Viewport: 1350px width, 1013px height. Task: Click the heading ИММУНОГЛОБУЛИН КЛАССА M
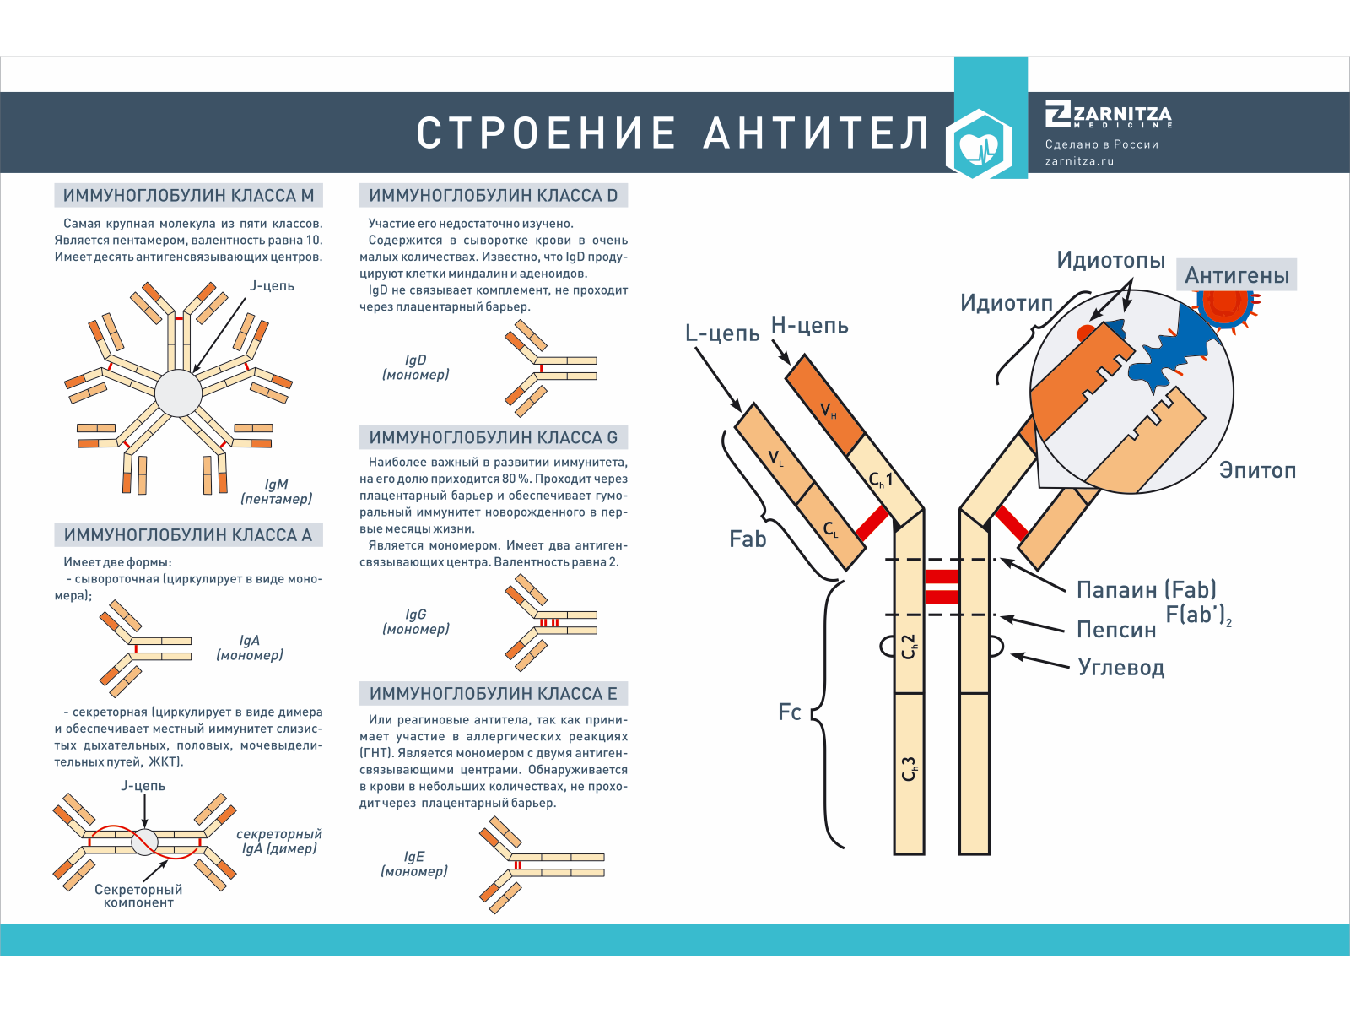pos(188,196)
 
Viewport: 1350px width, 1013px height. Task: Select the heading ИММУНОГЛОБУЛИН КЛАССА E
pos(494,694)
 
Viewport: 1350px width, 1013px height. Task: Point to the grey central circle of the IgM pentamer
pos(178,393)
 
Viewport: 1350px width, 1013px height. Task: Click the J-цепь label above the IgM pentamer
pos(272,286)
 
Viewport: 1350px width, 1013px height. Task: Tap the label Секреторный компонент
pos(138,896)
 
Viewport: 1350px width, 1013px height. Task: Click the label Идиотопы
pos(1110,260)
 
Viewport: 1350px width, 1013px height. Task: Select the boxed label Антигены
pos(1236,275)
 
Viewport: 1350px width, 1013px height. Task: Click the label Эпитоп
pos(1256,470)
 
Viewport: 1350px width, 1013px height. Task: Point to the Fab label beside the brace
pos(748,539)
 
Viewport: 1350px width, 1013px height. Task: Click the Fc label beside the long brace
pos(789,712)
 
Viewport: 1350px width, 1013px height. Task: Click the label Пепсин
pos(1115,630)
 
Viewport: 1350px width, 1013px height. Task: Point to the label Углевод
pos(1120,667)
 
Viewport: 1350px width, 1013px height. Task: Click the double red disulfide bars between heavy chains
pos(942,587)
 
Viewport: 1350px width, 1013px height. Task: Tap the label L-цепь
pos(721,333)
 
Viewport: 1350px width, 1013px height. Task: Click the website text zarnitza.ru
pos(1079,161)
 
